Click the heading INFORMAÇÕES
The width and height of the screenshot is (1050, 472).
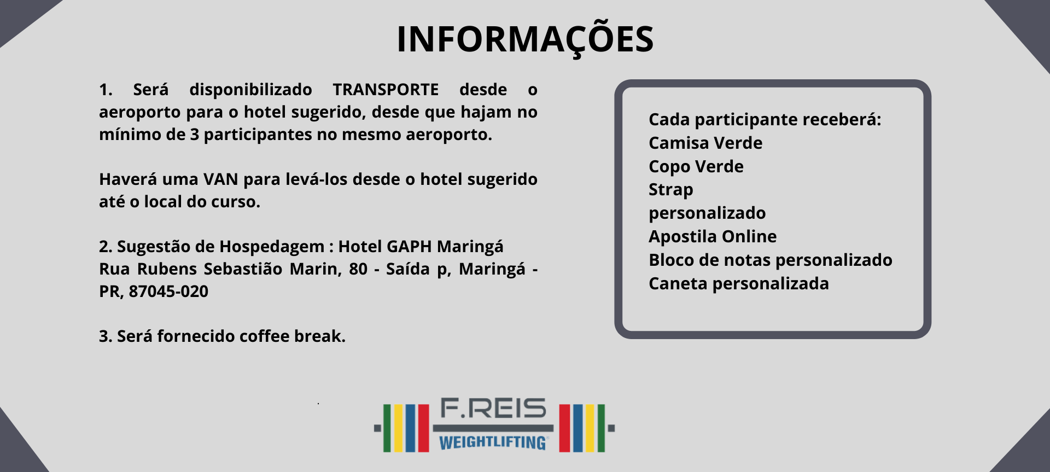coord(525,39)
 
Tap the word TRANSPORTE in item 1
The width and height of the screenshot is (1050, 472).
coord(386,89)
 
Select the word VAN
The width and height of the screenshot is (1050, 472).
coord(220,179)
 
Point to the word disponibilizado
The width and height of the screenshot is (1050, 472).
coord(250,90)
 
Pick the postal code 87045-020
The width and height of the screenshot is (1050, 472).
coord(168,292)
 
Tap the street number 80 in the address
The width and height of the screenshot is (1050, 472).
coord(358,269)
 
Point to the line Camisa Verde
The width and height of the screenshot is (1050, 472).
coord(705,143)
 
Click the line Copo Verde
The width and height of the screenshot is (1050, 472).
coord(696,167)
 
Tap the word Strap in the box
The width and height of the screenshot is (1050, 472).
coord(671,190)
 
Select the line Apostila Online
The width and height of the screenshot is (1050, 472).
coord(713,236)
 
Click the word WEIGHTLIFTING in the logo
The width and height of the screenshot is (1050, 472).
coord(493,442)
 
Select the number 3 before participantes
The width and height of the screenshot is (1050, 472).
coord(194,135)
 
